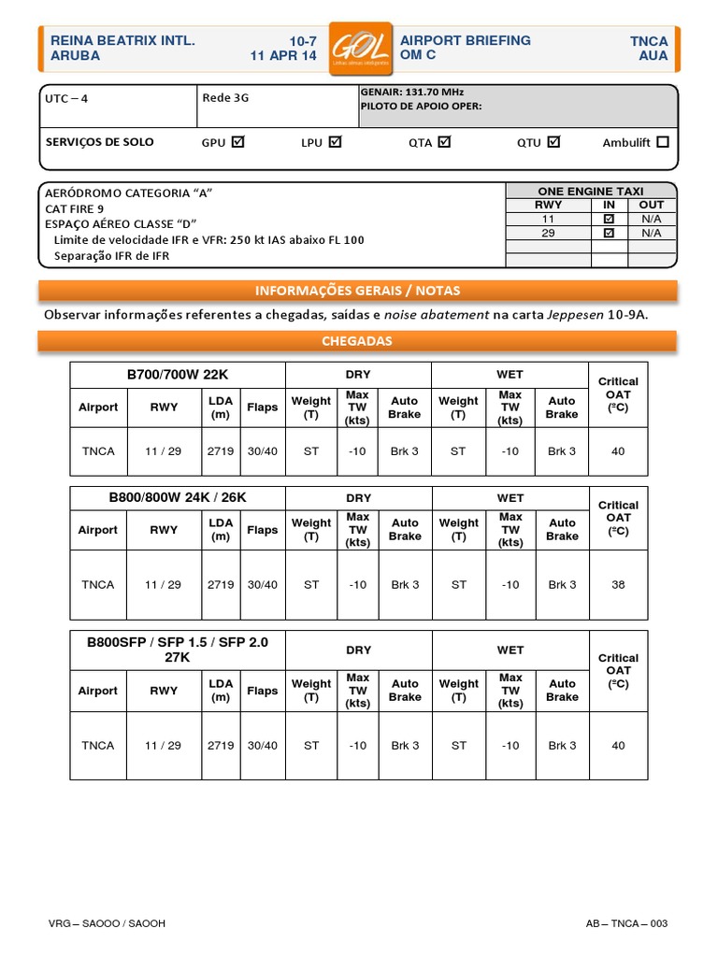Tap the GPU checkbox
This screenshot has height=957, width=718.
237,142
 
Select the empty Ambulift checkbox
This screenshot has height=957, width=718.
663,142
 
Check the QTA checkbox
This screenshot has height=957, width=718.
444,142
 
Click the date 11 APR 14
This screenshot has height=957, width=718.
283,56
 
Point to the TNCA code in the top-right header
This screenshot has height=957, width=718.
649,41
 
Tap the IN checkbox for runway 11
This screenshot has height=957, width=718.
609,219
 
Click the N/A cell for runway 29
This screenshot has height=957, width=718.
651,233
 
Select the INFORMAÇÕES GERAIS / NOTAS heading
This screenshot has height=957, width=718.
358,290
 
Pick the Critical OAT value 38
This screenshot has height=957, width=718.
618,585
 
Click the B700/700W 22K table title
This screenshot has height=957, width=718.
178,375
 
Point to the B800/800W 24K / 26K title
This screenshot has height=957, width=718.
178,498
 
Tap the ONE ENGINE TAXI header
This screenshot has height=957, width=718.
591,191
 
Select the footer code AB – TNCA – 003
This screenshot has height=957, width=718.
626,923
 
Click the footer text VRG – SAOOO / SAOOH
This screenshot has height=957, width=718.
108,923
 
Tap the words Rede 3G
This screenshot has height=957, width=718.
225,97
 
